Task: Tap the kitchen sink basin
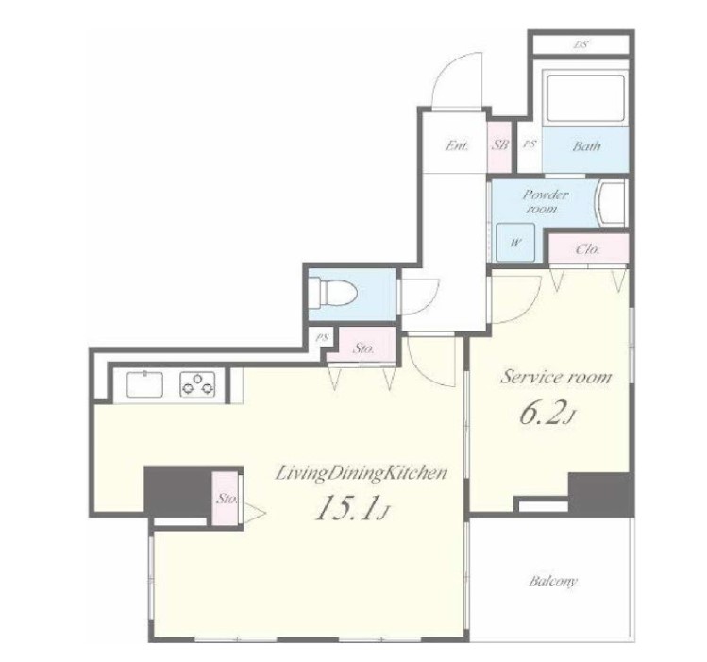point(144,384)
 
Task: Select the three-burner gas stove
point(197,384)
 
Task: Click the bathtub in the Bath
point(585,98)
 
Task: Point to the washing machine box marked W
point(515,242)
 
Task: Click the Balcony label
point(553,581)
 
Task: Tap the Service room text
point(555,377)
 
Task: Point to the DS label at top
point(581,44)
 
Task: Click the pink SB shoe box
point(500,146)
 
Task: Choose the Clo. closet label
point(588,249)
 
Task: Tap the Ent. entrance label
point(457,145)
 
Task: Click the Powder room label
point(545,201)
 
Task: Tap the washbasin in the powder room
point(610,203)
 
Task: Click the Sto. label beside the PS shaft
point(363,348)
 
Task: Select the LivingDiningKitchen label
point(362,473)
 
